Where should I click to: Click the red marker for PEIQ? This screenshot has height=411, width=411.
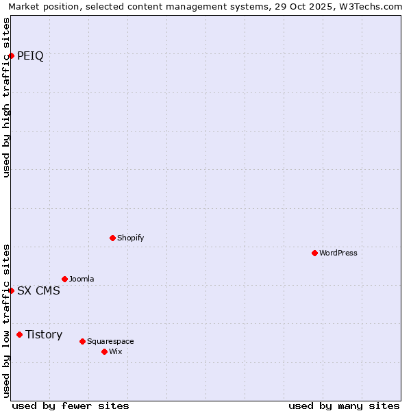(12, 55)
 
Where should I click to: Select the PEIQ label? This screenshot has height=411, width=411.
(30, 56)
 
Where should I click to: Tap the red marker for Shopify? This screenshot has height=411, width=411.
(112, 238)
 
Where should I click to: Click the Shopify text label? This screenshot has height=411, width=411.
(130, 238)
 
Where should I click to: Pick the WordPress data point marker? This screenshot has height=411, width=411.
(314, 253)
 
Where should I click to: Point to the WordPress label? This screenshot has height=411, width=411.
(338, 253)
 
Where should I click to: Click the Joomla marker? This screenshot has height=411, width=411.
(64, 279)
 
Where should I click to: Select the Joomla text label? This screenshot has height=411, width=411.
(82, 279)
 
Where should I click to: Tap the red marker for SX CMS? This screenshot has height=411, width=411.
(12, 290)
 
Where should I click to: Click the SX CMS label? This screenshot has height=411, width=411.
(38, 290)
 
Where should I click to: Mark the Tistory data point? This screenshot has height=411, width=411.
(19, 334)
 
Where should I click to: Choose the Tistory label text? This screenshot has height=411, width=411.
(44, 334)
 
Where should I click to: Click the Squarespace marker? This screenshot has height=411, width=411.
(82, 341)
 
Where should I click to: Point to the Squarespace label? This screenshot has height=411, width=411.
(110, 341)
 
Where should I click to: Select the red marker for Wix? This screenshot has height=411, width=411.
(104, 351)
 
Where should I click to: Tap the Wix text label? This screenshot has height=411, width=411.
(116, 351)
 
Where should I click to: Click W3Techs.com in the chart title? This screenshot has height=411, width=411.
(371, 6)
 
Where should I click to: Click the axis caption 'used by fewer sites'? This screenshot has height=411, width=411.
(71, 406)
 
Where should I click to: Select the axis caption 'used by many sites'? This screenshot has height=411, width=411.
(344, 406)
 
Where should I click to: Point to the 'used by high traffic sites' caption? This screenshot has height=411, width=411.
(6, 97)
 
